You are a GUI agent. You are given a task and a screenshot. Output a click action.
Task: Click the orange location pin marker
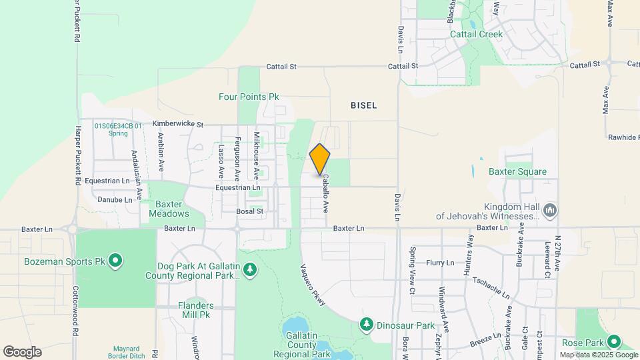[320, 159]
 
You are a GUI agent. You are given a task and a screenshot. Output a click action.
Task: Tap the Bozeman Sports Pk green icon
[115, 260]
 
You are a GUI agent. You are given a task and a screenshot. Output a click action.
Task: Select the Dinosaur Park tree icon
[366, 325]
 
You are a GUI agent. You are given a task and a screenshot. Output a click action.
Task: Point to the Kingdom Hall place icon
[550, 211]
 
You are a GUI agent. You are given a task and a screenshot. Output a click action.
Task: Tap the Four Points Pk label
[249, 97]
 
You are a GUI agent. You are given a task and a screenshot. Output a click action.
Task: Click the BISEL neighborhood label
[364, 105]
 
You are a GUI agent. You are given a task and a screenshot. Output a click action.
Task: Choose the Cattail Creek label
[476, 33]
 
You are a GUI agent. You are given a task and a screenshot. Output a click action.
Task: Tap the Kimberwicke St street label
[177, 124]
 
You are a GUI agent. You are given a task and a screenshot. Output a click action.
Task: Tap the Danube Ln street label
[115, 199]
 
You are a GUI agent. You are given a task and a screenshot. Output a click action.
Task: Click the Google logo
[22, 351]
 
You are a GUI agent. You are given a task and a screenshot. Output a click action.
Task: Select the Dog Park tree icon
[250, 269]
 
